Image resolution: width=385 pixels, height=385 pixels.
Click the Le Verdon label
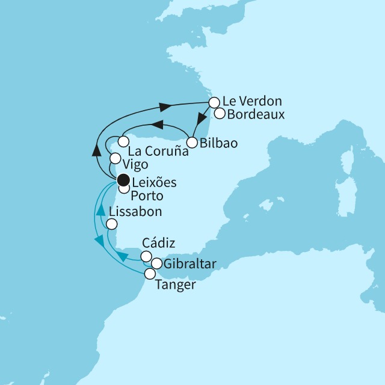pyautogui.click(x=251, y=101)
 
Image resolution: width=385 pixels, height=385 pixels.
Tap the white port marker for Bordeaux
pyautogui.click(x=220, y=113)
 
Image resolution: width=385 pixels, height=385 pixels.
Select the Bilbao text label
pyautogui.click(x=218, y=143)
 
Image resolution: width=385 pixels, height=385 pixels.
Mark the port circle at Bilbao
pyautogui.click(x=192, y=143)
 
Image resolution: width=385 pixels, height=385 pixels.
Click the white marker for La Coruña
pyautogui.click(x=123, y=142)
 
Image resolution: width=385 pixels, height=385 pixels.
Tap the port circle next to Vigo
pyautogui.click(x=115, y=159)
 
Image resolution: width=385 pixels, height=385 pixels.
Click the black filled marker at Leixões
pyautogui.click(x=123, y=179)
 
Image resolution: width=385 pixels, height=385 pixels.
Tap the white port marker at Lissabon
pyautogui.click(x=112, y=224)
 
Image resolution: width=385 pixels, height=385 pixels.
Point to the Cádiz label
pyautogui.click(x=159, y=244)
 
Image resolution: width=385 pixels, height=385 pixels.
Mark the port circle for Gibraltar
pyautogui.click(x=156, y=263)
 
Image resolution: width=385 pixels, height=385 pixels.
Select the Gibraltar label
pyautogui.click(x=189, y=263)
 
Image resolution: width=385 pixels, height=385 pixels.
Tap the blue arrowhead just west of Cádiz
pyautogui.click(x=122, y=257)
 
